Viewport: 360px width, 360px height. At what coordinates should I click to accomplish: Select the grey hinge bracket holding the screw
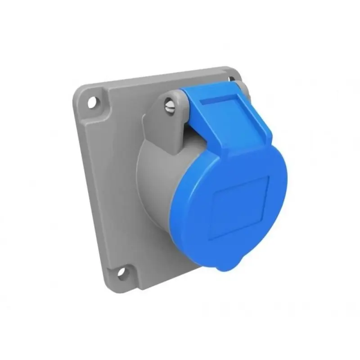[166, 121]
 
